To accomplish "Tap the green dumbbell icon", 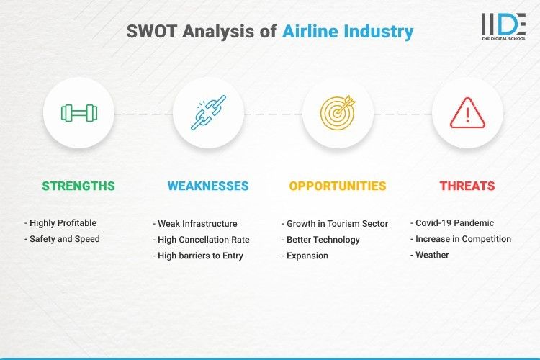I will (x=78, y=113).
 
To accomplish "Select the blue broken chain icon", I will (x=208, y=113).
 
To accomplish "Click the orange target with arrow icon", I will (x=338, y=113).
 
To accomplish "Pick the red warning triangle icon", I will (x=467, y=113).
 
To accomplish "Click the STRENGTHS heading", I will (x=78, y=186).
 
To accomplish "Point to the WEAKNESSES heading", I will (x=208, y=186).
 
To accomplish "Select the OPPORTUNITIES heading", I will (x=338, y=186).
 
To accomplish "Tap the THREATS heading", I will (x=467, y=186).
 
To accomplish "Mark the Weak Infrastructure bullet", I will (x=195, y=224).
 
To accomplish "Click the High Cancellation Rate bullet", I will (x=202, y=240).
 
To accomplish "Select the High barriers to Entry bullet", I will (x=198, y=256).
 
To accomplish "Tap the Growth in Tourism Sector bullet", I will (x=335, y=224).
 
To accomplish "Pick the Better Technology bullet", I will (x=320, y=240).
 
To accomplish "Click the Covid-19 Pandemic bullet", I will (x=454, y=223).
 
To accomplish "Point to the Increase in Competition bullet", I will (x=461, y=239).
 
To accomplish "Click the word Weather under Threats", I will (x=432, y=255).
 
